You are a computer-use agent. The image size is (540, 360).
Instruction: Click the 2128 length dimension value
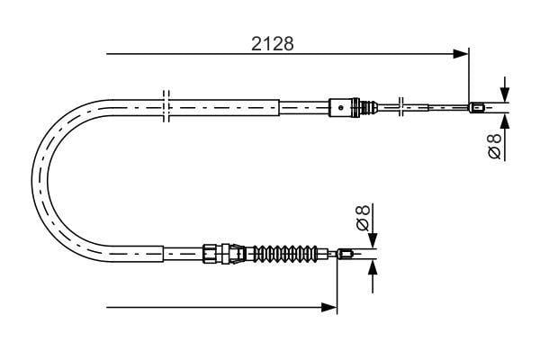272,44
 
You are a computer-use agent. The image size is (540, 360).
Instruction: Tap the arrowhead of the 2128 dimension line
461,54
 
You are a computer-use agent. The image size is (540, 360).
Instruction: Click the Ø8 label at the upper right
495,146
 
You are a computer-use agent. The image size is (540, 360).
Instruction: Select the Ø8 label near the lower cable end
363,218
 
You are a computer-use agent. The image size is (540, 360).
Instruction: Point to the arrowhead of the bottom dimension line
328,307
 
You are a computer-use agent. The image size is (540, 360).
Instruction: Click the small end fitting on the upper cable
477,108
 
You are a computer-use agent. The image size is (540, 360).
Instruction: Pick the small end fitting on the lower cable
345,255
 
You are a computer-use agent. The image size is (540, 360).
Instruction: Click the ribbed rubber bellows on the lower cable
285,254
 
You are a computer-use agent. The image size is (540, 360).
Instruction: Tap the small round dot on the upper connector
341,107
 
